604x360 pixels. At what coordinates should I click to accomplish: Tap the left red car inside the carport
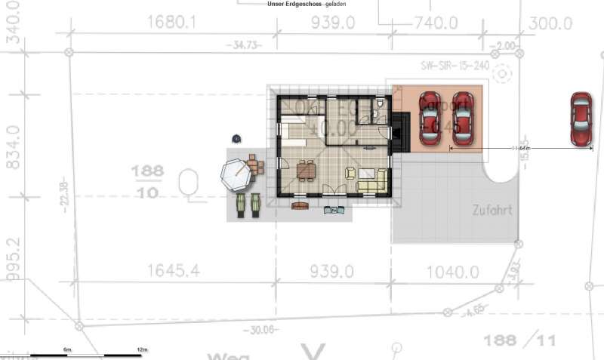430,118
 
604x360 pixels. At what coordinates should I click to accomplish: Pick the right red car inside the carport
462,118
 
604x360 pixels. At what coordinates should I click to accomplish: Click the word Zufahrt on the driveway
492,210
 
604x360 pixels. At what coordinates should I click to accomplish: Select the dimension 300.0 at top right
550,23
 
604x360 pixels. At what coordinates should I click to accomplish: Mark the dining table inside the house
306,171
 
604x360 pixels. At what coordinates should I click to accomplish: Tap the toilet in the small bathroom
376,115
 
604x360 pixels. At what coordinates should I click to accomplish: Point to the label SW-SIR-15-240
455,66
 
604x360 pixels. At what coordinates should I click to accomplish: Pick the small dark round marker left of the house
236,139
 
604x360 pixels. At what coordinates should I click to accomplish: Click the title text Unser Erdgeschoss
294,4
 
